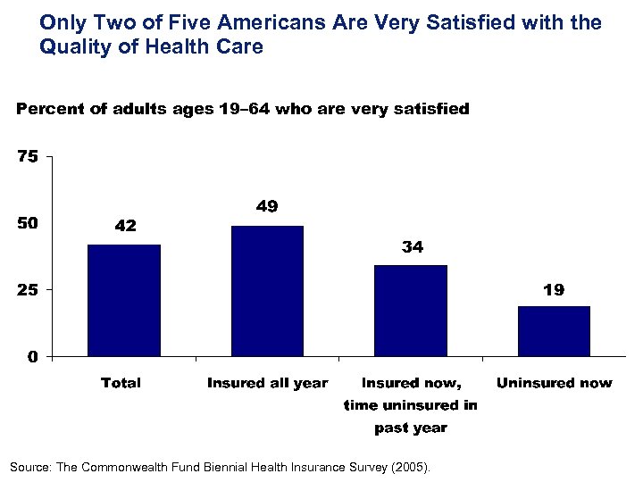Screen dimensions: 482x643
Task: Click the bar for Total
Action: (x=124, y=300)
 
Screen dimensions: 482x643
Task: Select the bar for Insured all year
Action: (x=267, y=291)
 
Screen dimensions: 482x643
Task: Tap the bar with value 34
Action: (x=411, y=311)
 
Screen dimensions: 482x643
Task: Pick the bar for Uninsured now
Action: (x=554, y=331)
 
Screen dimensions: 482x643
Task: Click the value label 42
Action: (x=125, y=226)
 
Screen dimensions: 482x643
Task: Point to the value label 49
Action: (x=267, y=206)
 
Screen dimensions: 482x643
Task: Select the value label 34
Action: (x=412, y=247)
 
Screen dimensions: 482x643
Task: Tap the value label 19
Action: (x=554, y=290)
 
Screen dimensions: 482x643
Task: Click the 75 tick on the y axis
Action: (x=28, y=157)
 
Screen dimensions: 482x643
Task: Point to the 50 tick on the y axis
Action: (x=28, y=223)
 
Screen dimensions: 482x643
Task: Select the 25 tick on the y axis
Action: (x=28, y=290)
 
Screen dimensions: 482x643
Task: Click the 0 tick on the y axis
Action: (x=32, y=357)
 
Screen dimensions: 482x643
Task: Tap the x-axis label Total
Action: (x=121, y=383)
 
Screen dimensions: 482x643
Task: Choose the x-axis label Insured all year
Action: (x=267, y=383)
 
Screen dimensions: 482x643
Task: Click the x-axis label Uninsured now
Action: (x=554, y=383)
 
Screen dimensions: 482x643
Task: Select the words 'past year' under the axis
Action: (x=411, y=428)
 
